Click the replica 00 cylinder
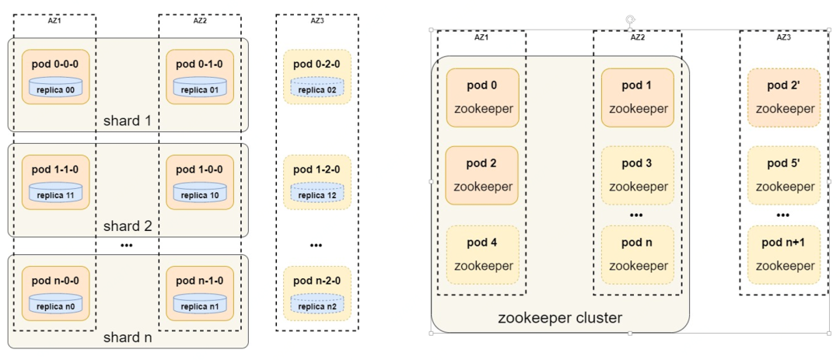(55, 88)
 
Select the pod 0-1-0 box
(198, 76)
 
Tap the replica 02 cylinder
(316, 88)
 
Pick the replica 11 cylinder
(55, 193)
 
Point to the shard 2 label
(128, 226)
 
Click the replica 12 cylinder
(316, 193)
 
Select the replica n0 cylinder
(55, 305)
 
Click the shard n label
(128, 338)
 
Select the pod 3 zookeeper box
(637, 175)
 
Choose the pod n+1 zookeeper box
(784, 254)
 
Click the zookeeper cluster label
(560, 318)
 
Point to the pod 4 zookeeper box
(482, 254)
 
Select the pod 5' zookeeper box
(784, 175)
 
